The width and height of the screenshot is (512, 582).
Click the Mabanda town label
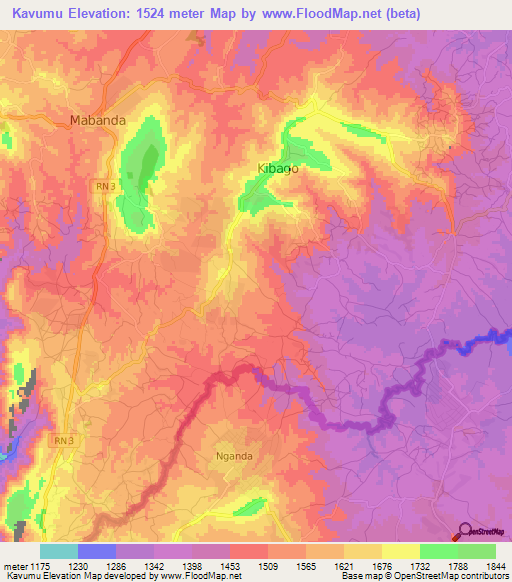[x=97, y=120]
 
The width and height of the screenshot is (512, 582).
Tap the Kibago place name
[x=278, y=169]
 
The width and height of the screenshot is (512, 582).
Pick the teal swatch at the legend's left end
[x=59, y=551]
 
